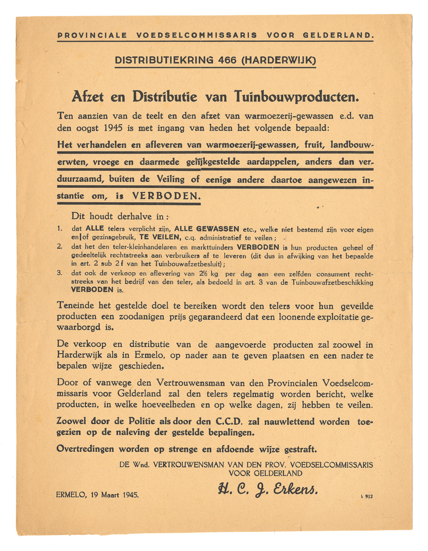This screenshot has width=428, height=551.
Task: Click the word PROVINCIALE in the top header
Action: [x=92, y=35]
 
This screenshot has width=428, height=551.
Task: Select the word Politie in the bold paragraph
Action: [x=145, y=422]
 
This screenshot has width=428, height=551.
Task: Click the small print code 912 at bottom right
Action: [x=369, y=496]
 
